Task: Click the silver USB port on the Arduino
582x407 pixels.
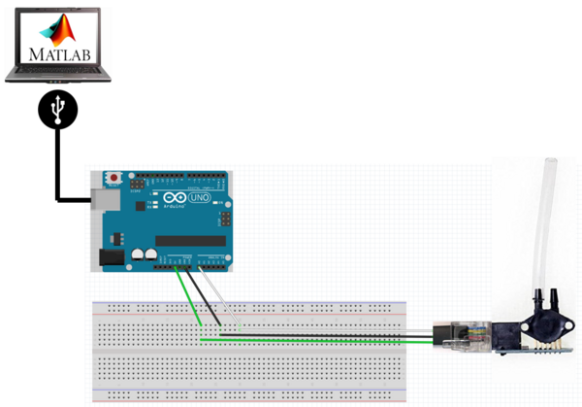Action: coord(102,199)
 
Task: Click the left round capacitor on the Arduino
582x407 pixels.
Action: coord(139,254)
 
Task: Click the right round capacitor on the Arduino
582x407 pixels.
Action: coord(152,254)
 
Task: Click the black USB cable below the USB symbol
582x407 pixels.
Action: coord(58,165)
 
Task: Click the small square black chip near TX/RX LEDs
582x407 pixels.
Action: coord(142,206)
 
